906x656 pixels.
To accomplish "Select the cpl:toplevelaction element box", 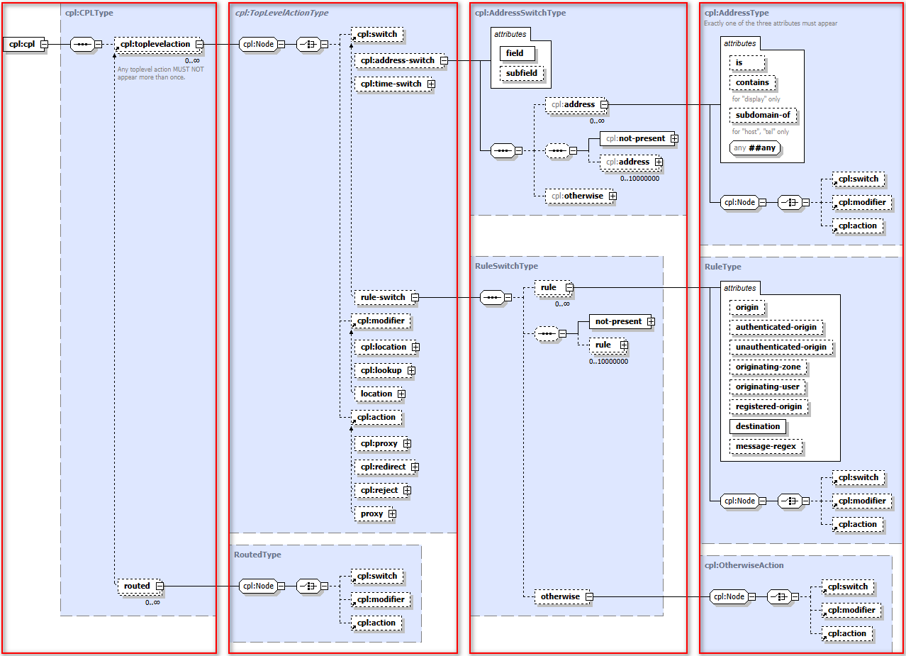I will click(155, 45).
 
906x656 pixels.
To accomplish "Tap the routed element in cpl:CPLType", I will click(138, 586).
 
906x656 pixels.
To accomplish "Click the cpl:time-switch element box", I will click(390, 84).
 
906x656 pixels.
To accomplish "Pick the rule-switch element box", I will click(383, 297).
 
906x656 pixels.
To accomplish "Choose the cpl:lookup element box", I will click(381, 370).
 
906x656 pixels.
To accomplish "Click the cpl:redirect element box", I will click(383, 467).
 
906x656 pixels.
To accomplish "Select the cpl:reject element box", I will click(379, 490).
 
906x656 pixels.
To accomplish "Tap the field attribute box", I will click(515, 53).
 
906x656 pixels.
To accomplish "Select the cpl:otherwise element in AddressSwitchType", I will click(576, 196).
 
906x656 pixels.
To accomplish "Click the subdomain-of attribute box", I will click(762, 115).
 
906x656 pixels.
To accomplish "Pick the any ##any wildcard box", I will click(756, 148).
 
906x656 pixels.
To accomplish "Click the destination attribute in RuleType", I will click(758, 426).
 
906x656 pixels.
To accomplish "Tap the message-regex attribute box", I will click(766, 447).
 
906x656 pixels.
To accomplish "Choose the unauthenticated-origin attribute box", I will click(781, 347).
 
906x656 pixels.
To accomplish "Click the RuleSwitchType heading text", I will click(506, 266).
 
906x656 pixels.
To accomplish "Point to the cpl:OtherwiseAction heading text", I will click(744, 565).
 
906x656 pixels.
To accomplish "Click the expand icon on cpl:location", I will click(415, 347).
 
